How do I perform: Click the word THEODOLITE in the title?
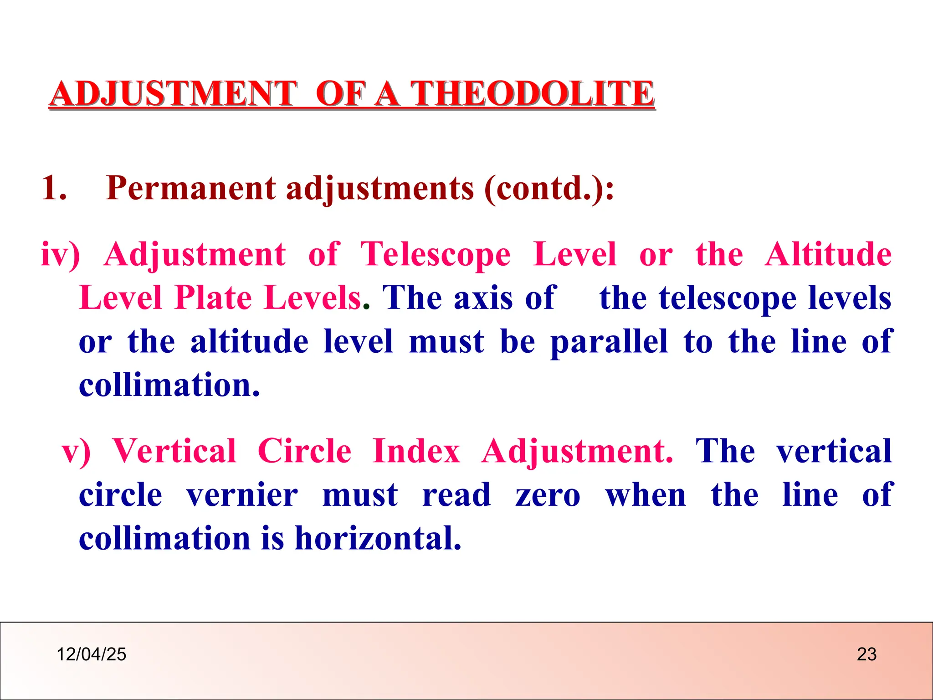[532, 93]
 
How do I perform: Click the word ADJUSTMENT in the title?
[173, 93]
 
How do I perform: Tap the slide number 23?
[866, 654]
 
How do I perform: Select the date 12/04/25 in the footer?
[91, 654]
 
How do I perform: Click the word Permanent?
[190, 188]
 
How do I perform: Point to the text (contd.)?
[549, 188]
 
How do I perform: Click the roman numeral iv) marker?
[60, 254]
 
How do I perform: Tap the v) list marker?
[76, 451]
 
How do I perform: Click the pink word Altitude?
[828, 254]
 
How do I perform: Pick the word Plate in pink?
[213, 298]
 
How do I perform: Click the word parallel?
[609, 342]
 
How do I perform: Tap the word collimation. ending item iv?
[169, 386]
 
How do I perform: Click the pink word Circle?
[304, 451]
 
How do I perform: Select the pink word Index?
[416, 451]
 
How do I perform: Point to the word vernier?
[242, 495]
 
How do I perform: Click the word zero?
[548, 495]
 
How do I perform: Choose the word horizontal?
[378, 539]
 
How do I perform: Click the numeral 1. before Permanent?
[54, 188]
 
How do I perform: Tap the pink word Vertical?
[174, 451]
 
